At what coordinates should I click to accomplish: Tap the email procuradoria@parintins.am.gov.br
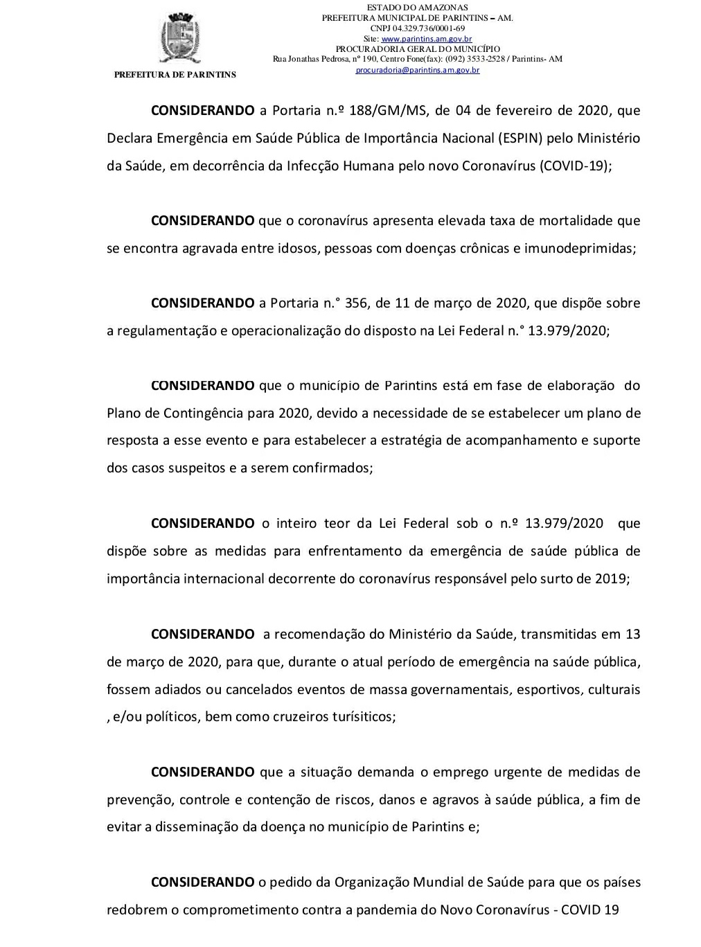[418, 70]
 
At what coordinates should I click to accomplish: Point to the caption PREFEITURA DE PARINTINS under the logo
[175, 75]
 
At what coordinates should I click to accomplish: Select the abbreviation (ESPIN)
[520, 138]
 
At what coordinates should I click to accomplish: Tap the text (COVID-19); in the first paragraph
[576, 166]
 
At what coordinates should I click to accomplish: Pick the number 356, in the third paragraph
[357, 303]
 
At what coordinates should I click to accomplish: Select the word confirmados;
[332, 468]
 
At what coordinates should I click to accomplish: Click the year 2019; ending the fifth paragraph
[612, 578]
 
